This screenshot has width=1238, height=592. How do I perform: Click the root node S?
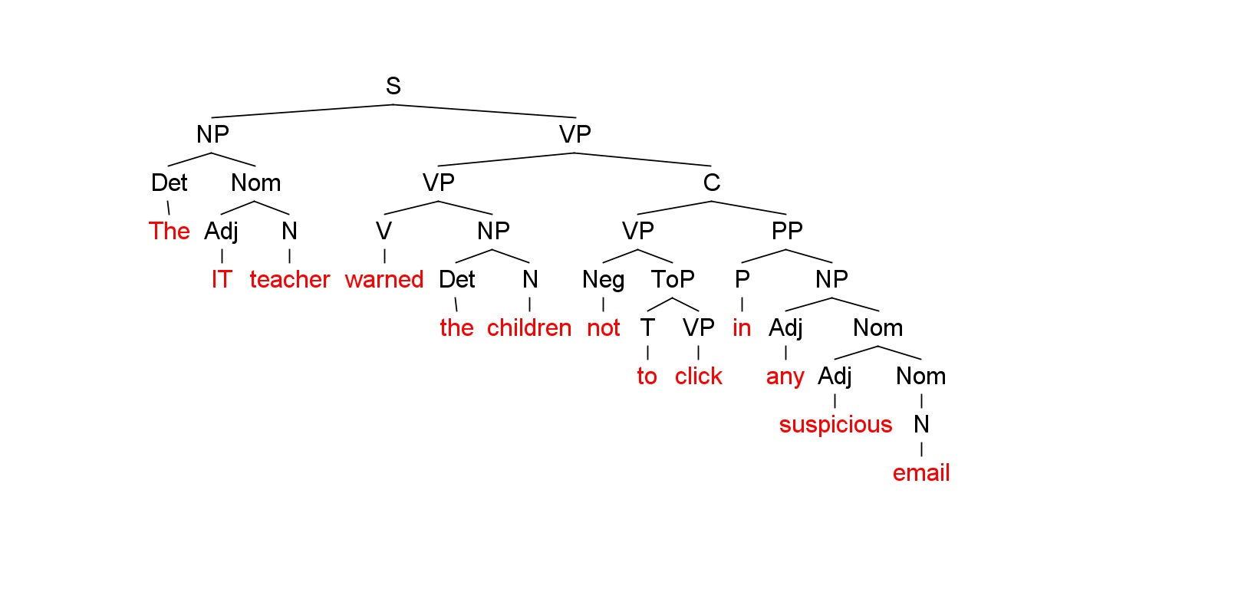[393, 86]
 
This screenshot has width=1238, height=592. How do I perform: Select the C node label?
[711, 183]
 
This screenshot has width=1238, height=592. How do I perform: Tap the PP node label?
[786, 231]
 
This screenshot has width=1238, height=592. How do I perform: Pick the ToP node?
[673, 279]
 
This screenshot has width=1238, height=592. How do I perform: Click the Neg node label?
[603, 279]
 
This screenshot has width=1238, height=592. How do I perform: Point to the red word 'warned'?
[384, 279]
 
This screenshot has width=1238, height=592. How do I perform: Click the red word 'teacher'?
[289, 279]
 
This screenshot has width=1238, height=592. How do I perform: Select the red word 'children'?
[529, 327]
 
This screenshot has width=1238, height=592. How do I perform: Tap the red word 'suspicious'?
[835, 424]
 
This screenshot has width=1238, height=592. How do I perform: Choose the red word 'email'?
[920, 472]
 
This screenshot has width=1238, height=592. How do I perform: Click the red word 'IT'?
[221, 279]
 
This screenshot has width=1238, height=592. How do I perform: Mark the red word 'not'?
[603, 327]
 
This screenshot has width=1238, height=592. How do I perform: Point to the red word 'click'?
[698, 376]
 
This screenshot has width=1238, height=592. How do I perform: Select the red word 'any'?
[785, 376]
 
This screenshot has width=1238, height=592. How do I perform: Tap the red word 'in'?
[741, 327]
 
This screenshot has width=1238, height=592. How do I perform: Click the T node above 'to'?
[647, 327]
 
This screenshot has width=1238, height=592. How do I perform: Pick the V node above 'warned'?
[384, 231]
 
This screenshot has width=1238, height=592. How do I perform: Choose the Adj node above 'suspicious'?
[835, 376]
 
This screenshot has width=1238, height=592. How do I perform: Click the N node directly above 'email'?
[920, 424]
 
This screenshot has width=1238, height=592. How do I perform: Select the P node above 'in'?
[741, 279]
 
